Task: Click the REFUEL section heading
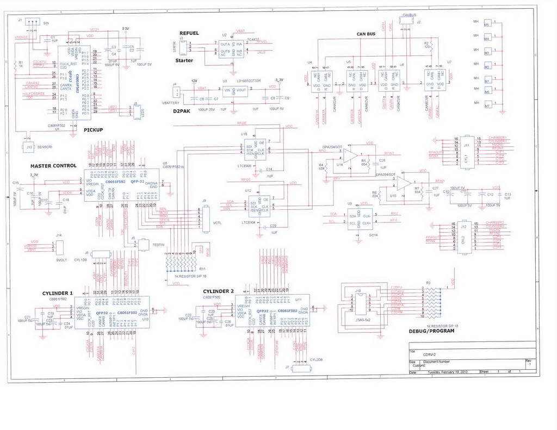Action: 189,33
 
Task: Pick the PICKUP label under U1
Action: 94,129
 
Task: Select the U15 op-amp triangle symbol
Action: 404,183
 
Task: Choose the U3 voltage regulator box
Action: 233,91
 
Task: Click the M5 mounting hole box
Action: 487,24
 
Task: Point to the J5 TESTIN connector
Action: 143,245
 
